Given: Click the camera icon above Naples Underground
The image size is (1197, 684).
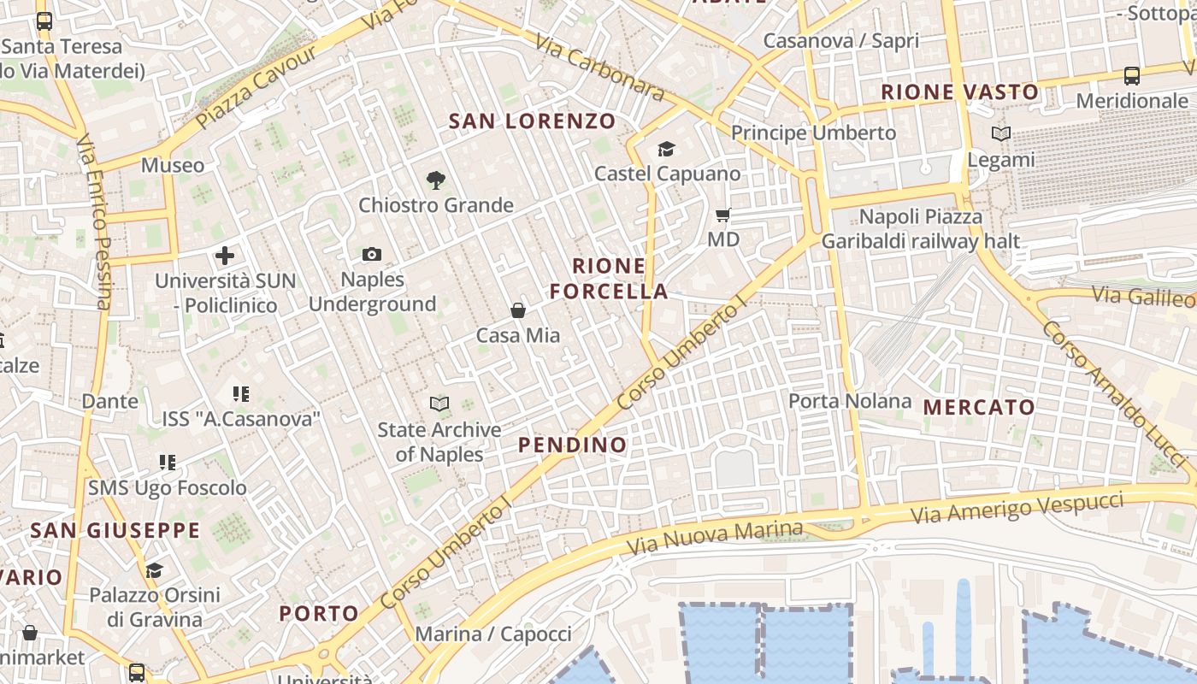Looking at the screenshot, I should [372, 254].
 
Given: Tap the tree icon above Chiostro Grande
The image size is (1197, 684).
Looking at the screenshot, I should [436, 180].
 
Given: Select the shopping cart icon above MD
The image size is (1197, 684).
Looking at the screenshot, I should [723, 215].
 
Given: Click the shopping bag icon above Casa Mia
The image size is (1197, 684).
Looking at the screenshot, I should [517, 310].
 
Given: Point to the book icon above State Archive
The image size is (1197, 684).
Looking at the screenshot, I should [439, 404].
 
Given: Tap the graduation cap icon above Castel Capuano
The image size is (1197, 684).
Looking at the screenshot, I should [667, 150].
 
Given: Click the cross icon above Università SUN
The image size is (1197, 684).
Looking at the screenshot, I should [225, 256].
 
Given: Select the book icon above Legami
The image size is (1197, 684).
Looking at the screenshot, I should [1001, 133].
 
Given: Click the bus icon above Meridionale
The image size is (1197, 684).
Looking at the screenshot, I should [1132, 75].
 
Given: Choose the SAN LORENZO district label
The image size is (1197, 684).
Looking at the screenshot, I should [532, 121].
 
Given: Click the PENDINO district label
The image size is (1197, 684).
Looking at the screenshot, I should [573, 445].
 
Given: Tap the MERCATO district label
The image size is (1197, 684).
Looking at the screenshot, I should [980, 407].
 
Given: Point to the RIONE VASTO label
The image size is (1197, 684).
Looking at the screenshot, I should [960, 91].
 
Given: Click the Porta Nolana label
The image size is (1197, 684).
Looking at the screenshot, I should [850, 401].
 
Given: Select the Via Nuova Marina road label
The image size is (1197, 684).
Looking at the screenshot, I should [715, 536].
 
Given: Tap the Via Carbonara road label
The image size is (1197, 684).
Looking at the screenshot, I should [599, 67].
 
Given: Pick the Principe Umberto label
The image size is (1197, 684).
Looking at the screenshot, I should [813, 133].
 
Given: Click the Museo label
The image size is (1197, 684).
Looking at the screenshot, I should [173, 165].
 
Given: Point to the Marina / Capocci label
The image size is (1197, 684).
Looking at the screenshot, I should [493, 634].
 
